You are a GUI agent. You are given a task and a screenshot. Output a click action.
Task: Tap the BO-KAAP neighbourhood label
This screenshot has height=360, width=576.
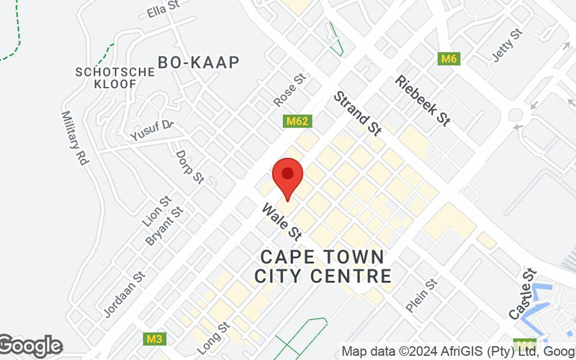point(198,63)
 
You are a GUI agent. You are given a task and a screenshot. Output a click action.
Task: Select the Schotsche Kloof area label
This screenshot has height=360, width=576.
point(114,78)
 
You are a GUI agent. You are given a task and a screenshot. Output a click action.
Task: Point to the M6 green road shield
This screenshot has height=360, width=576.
point(449,58)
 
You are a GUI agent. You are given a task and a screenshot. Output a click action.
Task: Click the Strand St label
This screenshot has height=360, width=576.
point(356,113)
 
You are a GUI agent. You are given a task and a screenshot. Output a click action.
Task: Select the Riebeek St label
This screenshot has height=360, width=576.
point(423,101)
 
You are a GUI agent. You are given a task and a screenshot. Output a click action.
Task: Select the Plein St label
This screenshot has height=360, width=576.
point(421,295)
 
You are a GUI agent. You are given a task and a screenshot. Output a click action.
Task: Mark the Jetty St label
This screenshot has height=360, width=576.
point(507,45)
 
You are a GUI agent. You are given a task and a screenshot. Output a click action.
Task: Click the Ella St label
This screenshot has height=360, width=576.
point(162,10)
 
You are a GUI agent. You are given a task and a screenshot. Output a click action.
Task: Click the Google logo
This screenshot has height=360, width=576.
point(31,346)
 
